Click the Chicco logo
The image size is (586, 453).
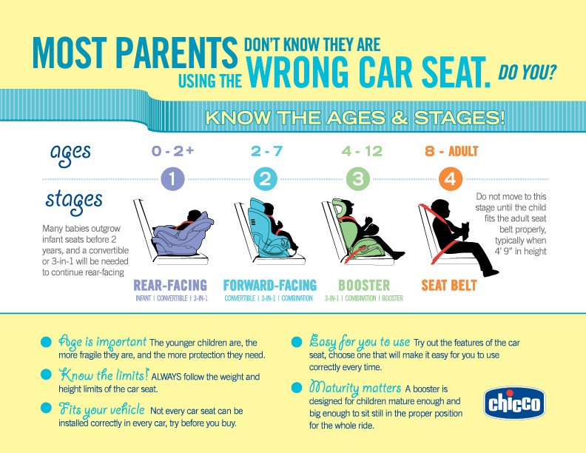point(515,403)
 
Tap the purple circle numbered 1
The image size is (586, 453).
point(172,179)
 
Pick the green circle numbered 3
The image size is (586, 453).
point(358,179)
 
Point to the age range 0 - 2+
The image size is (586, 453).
point(172,152)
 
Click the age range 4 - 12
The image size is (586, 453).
point(362,152)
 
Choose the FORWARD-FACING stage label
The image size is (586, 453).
point(269,285)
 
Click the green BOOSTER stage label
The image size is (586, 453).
point(364,285)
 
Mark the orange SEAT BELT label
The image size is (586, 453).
point(448,285)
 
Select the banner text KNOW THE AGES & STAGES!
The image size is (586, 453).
point(355,117)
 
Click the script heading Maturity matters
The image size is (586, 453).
point(354,388)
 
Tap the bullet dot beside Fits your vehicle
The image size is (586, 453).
point(46,409)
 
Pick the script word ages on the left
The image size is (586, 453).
point(70,152)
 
